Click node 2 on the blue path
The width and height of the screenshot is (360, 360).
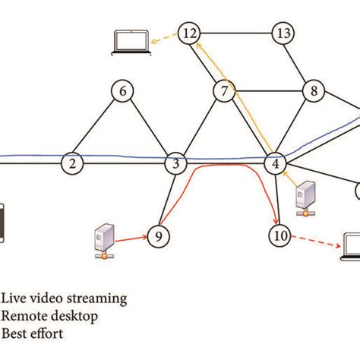72,163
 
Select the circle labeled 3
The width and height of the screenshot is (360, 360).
175,163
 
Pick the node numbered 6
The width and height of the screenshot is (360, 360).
122,91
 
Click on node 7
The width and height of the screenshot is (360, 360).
223,92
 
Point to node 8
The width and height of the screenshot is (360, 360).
311,91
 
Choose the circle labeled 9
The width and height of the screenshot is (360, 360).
158,235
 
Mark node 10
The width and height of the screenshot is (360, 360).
280,236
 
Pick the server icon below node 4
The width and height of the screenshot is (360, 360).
305,197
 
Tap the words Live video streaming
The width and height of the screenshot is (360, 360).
64,298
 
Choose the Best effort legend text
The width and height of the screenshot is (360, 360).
33,333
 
